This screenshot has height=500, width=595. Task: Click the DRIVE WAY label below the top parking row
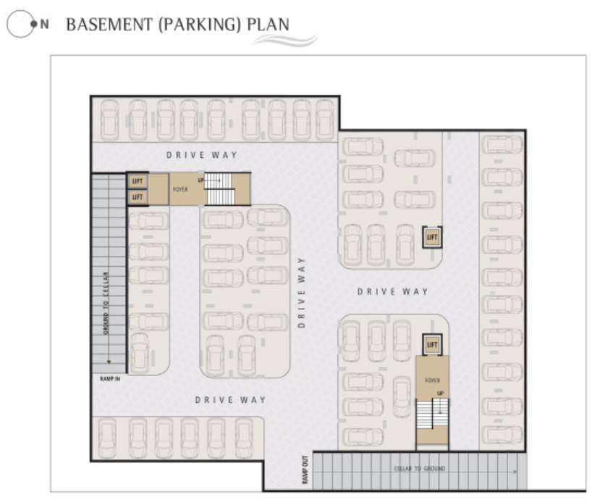[202, 155]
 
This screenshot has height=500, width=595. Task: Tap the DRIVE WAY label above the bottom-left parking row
[231, 400]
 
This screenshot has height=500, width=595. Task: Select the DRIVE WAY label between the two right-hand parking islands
[393, 291]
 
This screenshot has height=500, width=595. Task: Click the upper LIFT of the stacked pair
[138, 181]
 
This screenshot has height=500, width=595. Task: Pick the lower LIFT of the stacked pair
[138, 196]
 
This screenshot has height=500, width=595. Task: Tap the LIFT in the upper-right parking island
[432, 237]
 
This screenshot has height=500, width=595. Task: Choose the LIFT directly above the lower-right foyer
[432, 345]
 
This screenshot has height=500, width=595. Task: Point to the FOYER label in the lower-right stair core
[432, 380]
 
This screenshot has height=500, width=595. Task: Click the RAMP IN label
[110, 378]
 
